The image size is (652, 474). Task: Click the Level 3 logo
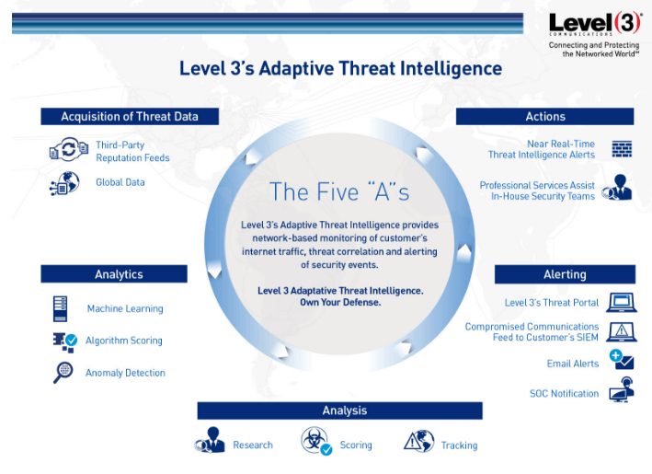click(x=594, y=25)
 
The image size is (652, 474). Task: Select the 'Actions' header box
click(x=544, y=116)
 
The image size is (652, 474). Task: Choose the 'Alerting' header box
click(x=564, y=274)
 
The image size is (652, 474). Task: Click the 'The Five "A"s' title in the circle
click(x=338, y=191)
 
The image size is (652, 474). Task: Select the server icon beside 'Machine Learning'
click(x=61, y=308)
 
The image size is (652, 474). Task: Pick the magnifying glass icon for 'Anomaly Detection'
click(x=63, y=373)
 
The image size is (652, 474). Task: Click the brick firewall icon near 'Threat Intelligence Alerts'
click(x=622, y=149)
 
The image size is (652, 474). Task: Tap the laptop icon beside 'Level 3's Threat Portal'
click(x=622, y=302)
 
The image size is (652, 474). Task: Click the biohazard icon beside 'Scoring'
click(x=315, y=442)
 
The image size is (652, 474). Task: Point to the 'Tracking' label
click(x=459, y=445)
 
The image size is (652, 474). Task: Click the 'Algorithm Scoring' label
click(x=123, y=341)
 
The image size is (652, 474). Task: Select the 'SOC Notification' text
click(x=564, y=394)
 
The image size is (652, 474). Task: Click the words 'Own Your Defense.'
click(x=340, y=302)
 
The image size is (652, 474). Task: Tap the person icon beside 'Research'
click(x=211, y=443)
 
